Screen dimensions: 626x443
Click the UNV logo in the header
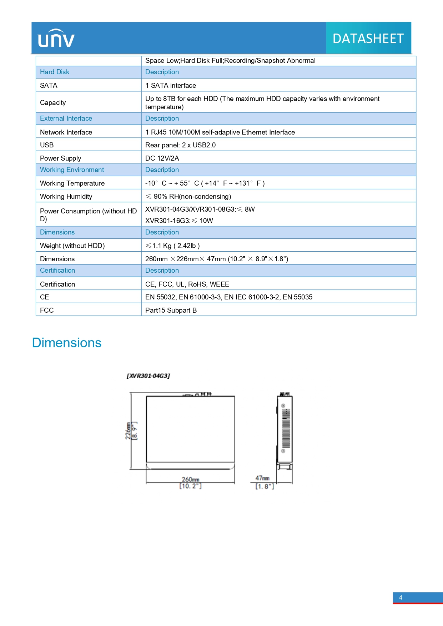click(x=56, y=38)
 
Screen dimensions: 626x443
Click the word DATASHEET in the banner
click(x=368, y=39)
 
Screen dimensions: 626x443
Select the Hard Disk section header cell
click(x=55, y=72)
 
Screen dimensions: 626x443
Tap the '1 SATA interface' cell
click(x=171, y=85)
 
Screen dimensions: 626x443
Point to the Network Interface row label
click(x=66, y=132)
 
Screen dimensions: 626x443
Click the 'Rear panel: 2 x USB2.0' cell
click(x=180, y=145)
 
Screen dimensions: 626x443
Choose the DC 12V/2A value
click(x=162, y=158)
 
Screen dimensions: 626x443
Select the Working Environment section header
click(x=72, y=170)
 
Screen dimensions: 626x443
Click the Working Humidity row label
click(x=66, y=196)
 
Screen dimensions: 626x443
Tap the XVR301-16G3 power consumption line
click(x=179, y=221)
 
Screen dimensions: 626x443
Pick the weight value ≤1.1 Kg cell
click(x=172, y=246)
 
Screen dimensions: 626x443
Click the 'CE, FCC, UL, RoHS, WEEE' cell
click(x=187, y=284)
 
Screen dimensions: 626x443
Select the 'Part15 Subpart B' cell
click(x=171, y=310)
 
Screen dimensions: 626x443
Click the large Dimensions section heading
click(x=67, y=343)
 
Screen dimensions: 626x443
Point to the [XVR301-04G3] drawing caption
click(x=148, y=376)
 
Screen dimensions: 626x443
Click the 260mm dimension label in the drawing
click(x=190, y=479)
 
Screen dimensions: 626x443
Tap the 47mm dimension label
click(x=262, y=478)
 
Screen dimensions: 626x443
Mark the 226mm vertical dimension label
click(x=128, y=431)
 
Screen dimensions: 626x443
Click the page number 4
click(x=401, y=597)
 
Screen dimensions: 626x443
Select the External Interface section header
click(x=66, y=118)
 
